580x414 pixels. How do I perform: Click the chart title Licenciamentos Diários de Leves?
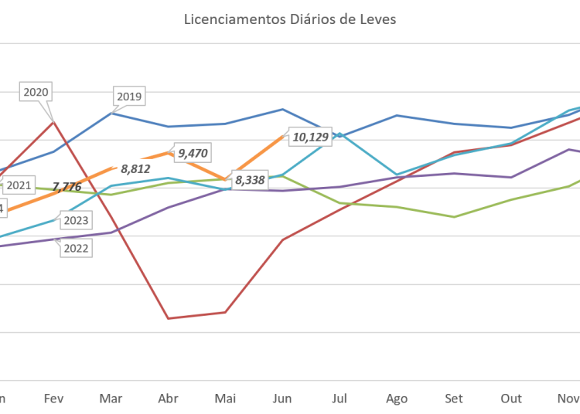(x=290, y=20)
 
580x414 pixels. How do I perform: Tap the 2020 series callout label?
(x=36, y=92)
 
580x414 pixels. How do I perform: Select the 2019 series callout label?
(x=128, y=97)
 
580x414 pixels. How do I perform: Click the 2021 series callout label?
(x=19, y=185)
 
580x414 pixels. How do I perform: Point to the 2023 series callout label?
(x=75, y=221)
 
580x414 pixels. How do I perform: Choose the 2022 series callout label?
(x=75, y=248)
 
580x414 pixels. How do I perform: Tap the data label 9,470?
(x=193, y=153)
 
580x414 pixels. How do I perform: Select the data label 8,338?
(x=250, y=180)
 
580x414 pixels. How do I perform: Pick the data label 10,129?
(x=310, y=137)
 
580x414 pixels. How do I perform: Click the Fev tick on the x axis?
(x=53, y=399)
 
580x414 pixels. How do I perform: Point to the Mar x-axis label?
(x=111, y=399)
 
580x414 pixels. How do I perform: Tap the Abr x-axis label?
(x=168, y=399)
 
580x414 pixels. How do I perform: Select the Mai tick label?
(x=225, y=399)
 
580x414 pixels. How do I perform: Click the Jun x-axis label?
(x=282, y=399)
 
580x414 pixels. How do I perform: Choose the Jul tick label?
(x=339, y=399)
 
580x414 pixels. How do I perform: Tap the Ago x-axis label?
(x=397, y=399)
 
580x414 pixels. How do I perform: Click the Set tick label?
(x=454, y=399)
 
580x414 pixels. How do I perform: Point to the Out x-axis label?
(x=511, y=399)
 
